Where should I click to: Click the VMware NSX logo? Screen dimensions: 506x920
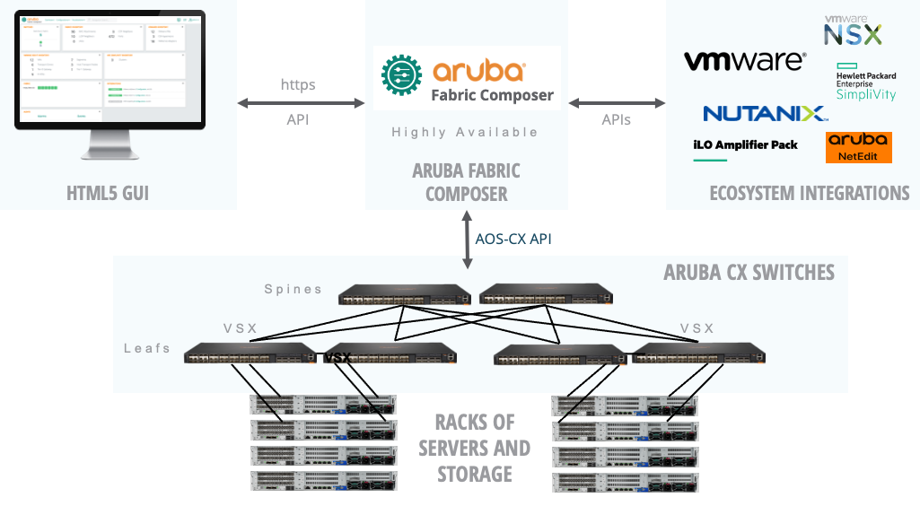853,30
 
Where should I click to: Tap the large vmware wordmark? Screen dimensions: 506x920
744,62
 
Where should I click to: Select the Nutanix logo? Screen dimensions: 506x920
765,114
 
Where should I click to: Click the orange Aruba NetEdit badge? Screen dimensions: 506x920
858,148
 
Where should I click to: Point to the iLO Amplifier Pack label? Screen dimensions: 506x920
745,144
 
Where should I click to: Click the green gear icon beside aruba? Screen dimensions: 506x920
400,78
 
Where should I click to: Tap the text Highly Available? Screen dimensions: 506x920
465,133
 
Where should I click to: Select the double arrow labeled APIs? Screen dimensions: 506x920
616,103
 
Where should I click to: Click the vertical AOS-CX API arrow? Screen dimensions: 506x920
467,240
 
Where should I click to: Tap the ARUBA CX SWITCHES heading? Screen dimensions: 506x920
749,272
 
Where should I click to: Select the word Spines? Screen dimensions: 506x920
294,289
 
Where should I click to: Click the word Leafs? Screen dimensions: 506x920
147,347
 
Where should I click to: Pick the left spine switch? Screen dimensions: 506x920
406,297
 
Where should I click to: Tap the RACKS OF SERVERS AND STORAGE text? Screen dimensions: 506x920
474,448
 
